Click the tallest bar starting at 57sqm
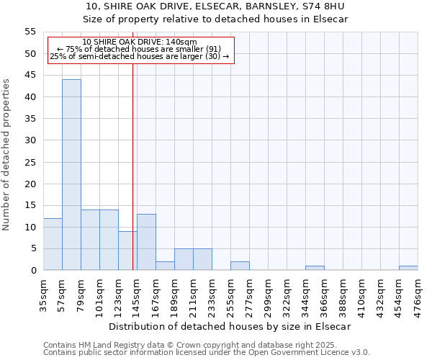71,175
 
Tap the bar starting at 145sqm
146,243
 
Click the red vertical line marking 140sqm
133,180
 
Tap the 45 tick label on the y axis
30,76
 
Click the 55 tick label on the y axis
30,32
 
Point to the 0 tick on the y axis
33,271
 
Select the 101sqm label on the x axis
100,294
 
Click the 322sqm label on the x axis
287,294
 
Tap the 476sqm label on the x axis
418,294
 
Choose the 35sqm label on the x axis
44,292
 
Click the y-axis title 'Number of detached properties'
7,155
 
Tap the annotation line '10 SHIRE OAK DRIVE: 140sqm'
140,42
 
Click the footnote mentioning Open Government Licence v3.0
206,353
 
